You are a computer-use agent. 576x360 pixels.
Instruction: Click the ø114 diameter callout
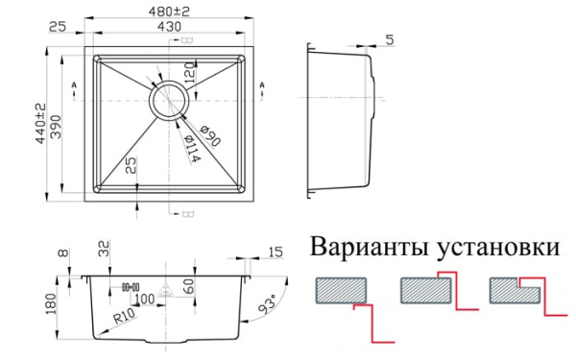[191, 146]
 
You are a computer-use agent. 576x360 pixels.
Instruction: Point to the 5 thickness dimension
[389, 39]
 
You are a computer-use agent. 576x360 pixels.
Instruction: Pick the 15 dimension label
[276, 252]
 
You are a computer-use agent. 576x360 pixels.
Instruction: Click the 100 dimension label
[144, 300]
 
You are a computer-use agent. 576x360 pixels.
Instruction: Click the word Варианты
[368, 249]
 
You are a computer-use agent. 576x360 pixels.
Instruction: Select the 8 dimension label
[63, 253]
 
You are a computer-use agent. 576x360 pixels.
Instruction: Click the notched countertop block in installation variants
[515, 289]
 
